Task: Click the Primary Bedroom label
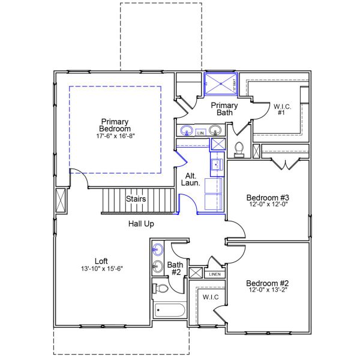(x=115, y=125)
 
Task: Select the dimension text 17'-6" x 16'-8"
(x=115, y=136)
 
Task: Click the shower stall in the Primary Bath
(x=220, y=83)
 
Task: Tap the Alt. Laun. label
(x=192, y=180)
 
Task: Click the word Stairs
(x=136, y=199)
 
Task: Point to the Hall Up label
(x=142, y=224)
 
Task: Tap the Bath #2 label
(x=175, y=268)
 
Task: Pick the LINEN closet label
(x=214, y=274)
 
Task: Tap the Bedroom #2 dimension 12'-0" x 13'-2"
(x=268, y=292)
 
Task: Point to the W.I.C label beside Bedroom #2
(x=210, y=297)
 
